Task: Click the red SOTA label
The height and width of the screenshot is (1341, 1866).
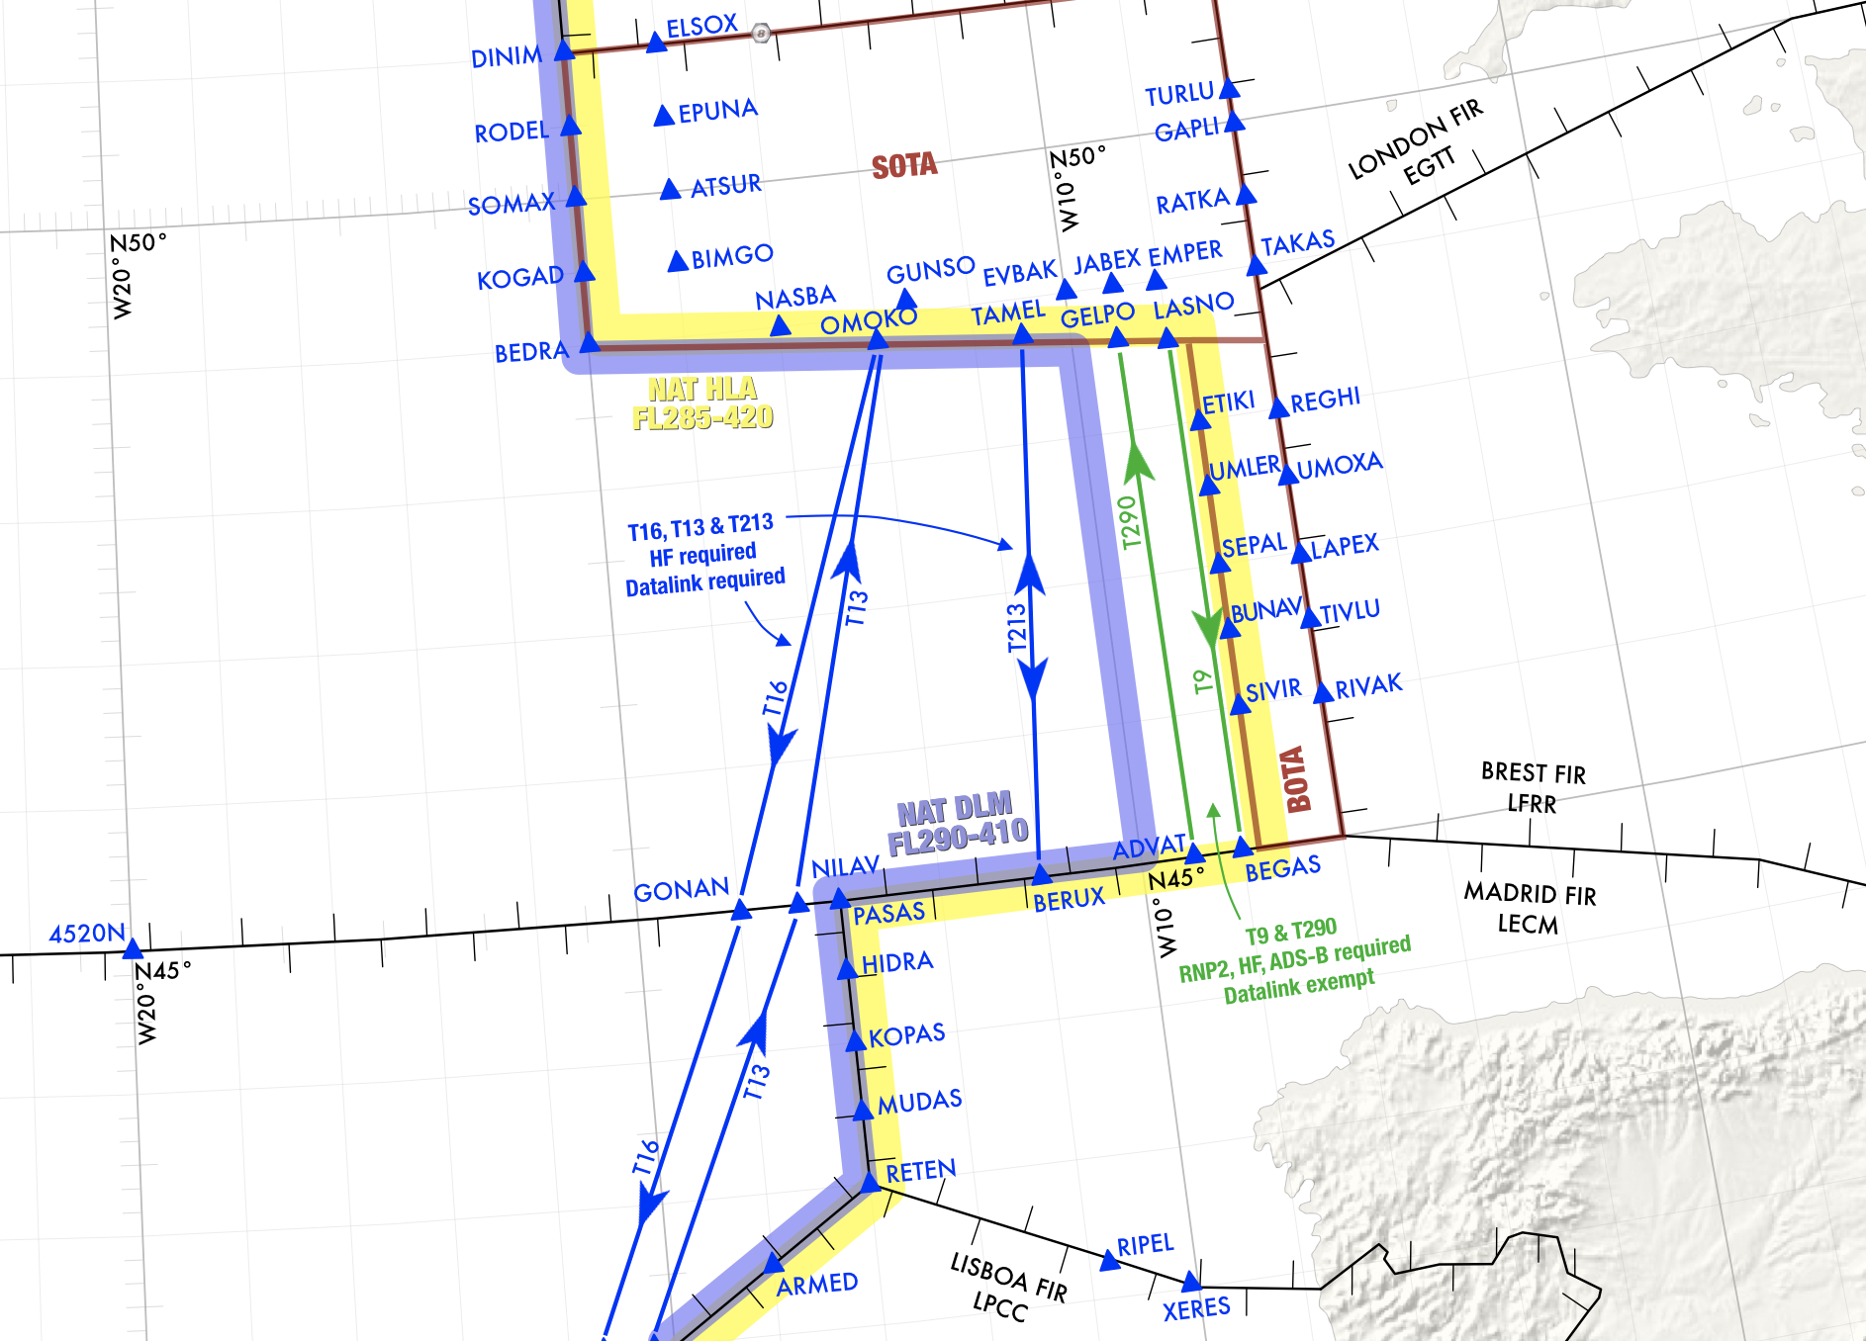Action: (904, 166)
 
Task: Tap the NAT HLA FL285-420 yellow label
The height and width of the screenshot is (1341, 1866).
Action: (702, 403)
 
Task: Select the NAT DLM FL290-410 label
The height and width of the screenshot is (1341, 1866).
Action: (957, 824)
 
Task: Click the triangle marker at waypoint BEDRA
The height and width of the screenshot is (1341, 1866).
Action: (590, 343)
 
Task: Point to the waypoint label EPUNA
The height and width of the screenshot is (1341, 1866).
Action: (717, 111)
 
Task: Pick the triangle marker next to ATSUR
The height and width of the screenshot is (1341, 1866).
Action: (670, 189)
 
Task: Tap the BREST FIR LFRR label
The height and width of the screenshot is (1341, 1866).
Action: (1533, 787)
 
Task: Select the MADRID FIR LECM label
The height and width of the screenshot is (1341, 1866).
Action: (1529, 908)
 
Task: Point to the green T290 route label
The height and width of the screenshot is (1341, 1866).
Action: (1129, 521)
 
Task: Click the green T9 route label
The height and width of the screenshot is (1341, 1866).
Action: (1202, 681)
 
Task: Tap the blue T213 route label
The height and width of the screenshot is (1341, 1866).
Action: (1016, 629)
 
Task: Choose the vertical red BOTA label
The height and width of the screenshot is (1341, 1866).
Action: (1295, 780)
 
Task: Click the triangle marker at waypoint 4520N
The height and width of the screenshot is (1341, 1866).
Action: (133, 949)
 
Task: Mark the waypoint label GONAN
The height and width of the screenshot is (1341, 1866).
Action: (681, 891)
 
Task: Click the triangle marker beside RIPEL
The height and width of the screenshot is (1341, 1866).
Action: (1110, 1261)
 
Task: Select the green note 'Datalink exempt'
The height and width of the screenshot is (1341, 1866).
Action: (1298, 986)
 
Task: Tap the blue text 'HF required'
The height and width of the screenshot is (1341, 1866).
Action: (702, 555)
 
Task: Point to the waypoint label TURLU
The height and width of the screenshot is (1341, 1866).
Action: (1178, 95)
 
